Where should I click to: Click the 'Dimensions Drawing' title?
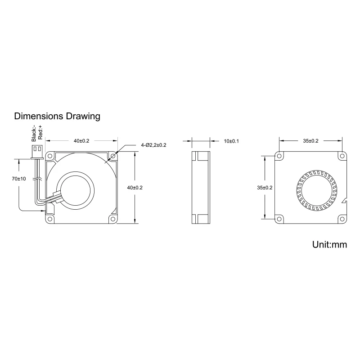57,116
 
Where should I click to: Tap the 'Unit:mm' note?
329,244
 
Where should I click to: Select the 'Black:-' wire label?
34,133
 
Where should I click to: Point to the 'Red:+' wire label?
40,132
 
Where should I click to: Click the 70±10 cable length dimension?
19,179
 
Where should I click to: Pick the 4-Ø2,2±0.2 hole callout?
153,145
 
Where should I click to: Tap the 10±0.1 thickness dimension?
231,141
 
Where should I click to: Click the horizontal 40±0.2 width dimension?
81,141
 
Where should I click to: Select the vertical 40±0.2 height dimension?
135,188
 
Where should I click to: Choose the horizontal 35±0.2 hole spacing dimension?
310,141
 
